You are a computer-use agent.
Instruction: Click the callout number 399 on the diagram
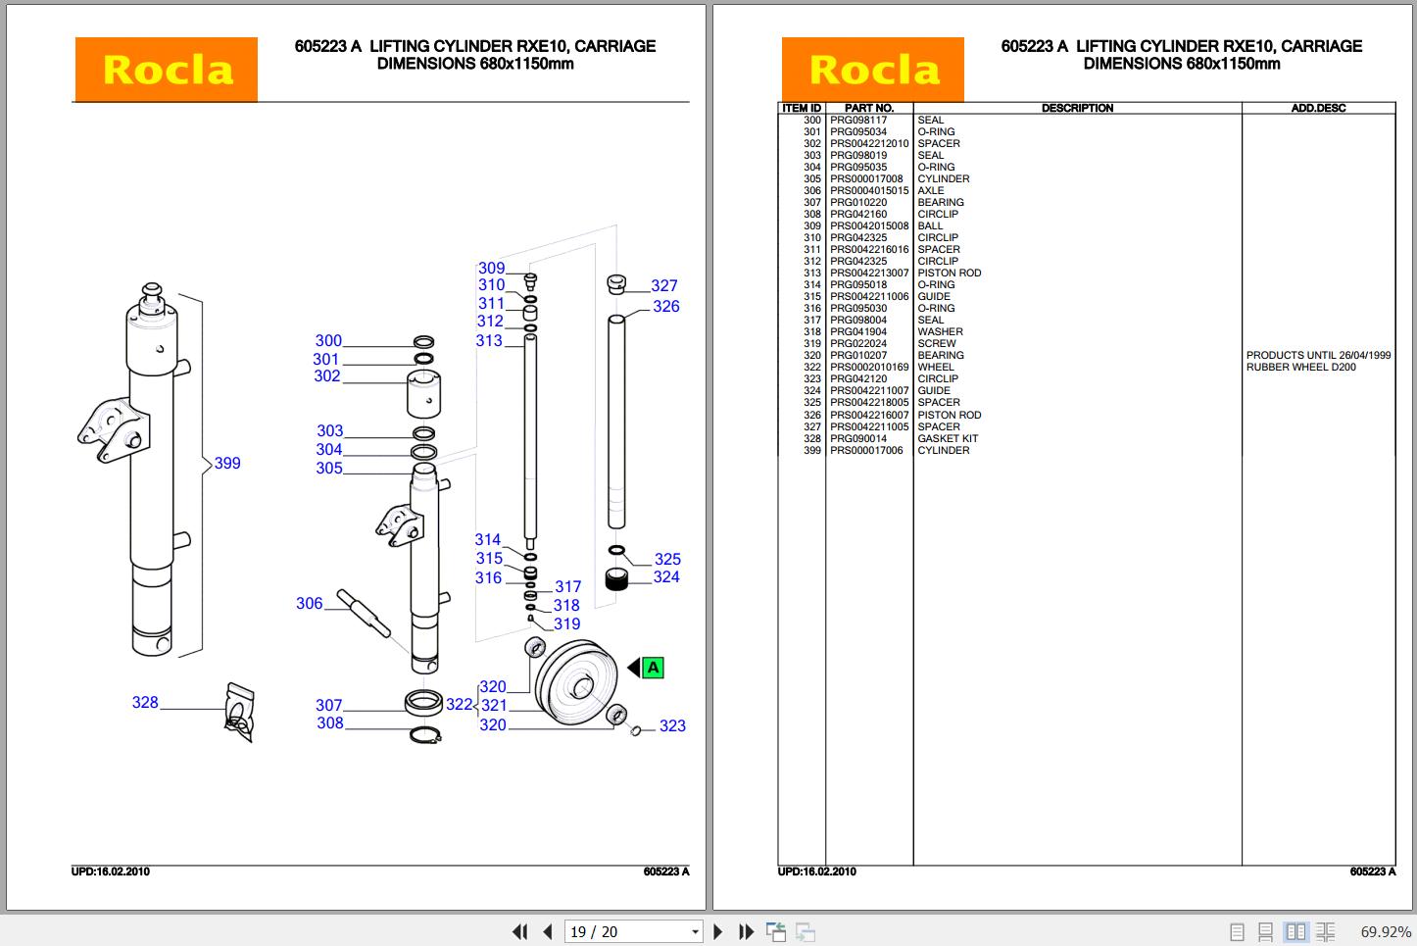[227, 463]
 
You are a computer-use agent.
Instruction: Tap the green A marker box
[654, 668]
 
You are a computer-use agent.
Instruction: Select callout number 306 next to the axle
[309, 604]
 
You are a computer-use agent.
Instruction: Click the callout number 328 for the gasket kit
[145, 702]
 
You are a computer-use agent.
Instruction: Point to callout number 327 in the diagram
[664, 285]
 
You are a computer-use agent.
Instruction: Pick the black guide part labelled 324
[616, 579]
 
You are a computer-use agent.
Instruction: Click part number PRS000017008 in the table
[866, 179]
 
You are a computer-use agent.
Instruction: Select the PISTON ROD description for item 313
[949, 274]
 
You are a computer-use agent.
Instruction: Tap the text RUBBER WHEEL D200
[1300, 368]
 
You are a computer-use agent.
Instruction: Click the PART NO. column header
[869, 108]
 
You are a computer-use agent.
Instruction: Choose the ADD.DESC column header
[1318, 108]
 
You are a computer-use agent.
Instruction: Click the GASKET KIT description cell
[948, 438]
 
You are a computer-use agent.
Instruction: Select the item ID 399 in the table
[811, 450]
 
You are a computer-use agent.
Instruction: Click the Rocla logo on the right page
[872, 70]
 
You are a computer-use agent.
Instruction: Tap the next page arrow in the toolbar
[718, 931]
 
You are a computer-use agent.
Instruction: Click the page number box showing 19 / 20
[633, 931]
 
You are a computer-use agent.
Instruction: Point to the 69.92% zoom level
[1386, 931]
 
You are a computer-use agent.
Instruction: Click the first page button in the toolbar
[519, 931]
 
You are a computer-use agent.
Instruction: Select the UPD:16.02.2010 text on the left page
[111, 871]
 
